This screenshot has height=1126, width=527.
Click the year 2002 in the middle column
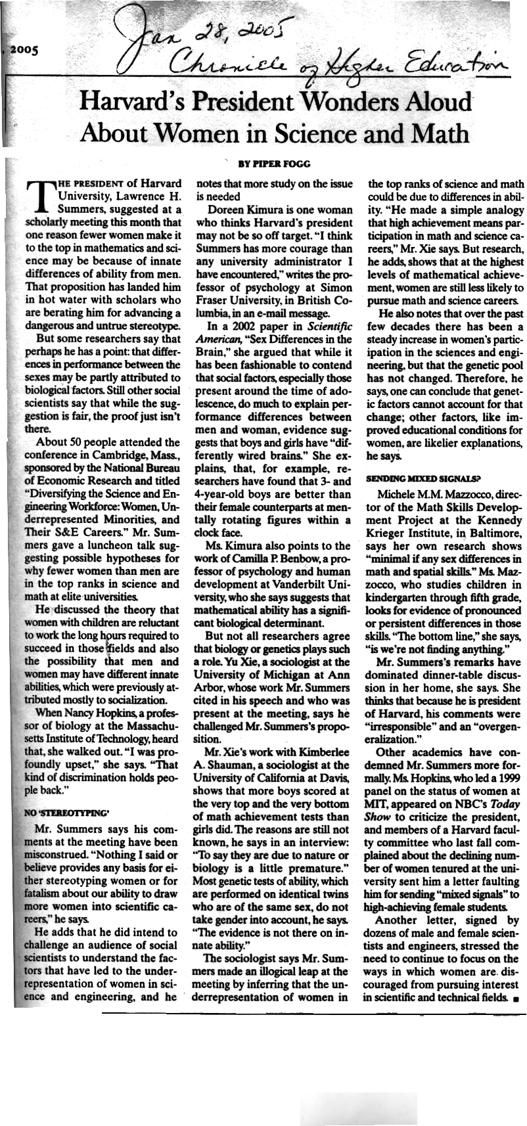pos(248,327)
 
